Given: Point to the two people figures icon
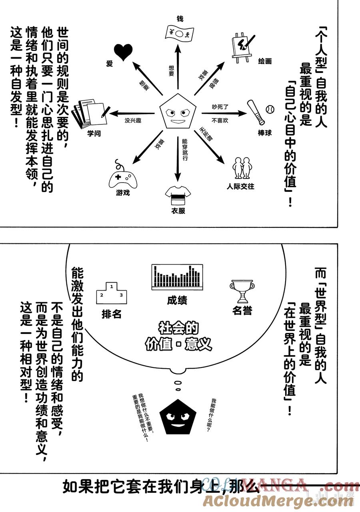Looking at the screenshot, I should coord(243,167).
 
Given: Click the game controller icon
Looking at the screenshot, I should coord(122,177).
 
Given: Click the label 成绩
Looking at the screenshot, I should coord(177,300).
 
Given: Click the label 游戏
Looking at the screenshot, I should coord(123,193).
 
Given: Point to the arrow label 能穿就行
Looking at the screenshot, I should coord(184,149).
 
